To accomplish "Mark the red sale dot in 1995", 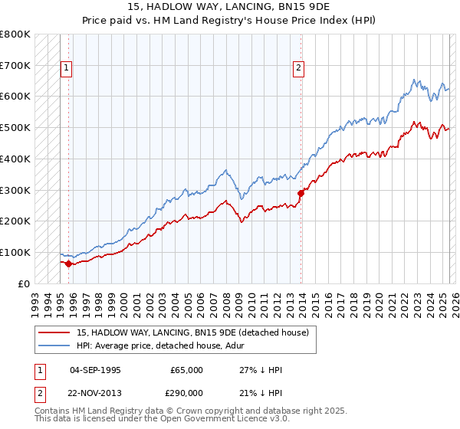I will (x=68, y=264).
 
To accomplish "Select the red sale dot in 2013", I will (x=300, y=193).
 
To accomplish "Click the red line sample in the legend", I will (x=54, y=332).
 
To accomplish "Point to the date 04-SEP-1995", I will (x=95, y=370).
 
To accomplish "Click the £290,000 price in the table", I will (x=187, y=393).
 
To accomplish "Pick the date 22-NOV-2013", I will (x=95, y=393).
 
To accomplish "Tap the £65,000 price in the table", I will (x=187, y=370).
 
